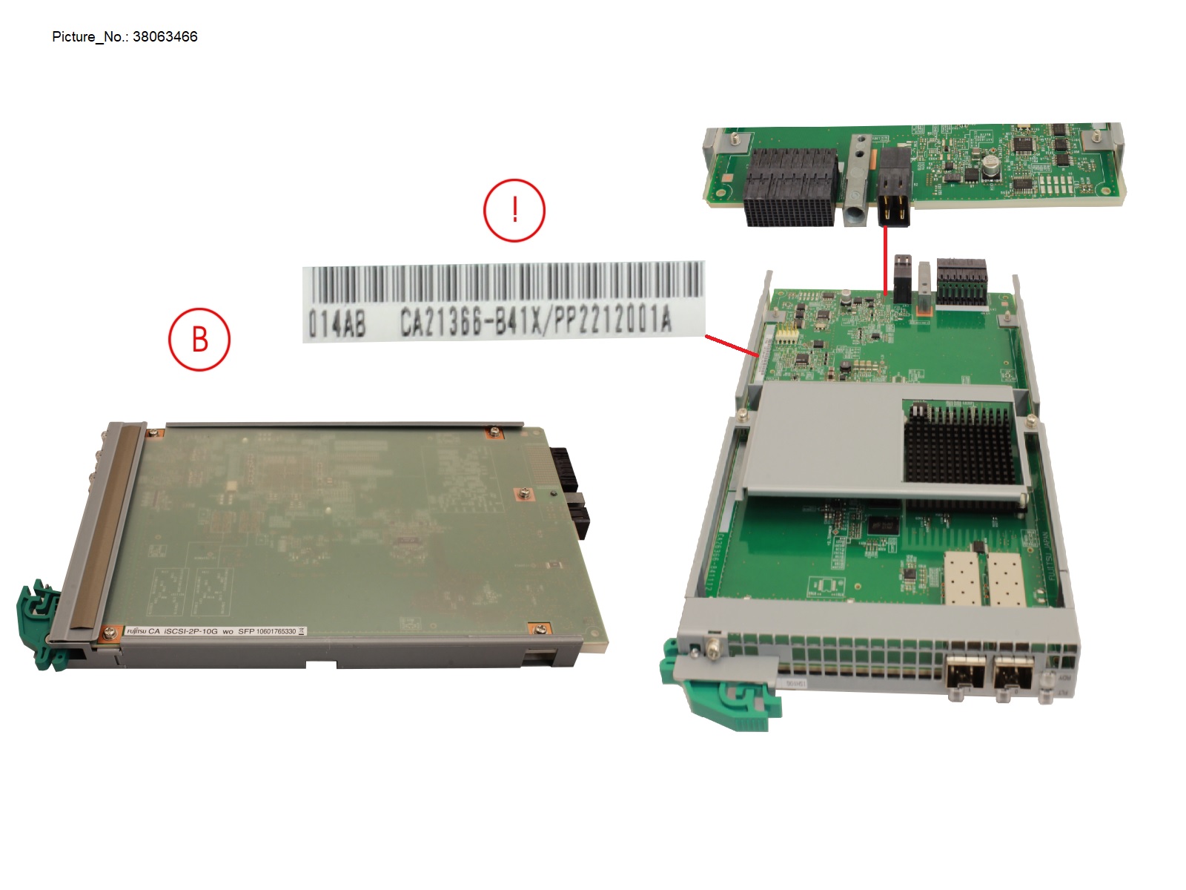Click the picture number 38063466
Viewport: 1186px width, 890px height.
(x=165, y=37)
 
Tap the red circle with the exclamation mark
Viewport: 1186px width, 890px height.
(x=514, y=210)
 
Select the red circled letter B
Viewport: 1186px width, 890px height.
(x=199, y=340)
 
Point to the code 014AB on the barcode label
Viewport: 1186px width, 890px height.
(x=337, y=323)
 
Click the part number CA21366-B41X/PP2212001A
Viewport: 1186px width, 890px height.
(x=536, y=321)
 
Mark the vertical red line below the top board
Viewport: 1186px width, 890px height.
(x=886, y=260)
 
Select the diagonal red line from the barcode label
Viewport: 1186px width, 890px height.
(x=730, y=346)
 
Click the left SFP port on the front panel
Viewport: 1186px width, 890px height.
(x=965, y=676)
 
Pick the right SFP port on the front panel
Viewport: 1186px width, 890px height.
(x=1014, y=676)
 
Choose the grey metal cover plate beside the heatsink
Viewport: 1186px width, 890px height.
(x=823, y=438)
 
